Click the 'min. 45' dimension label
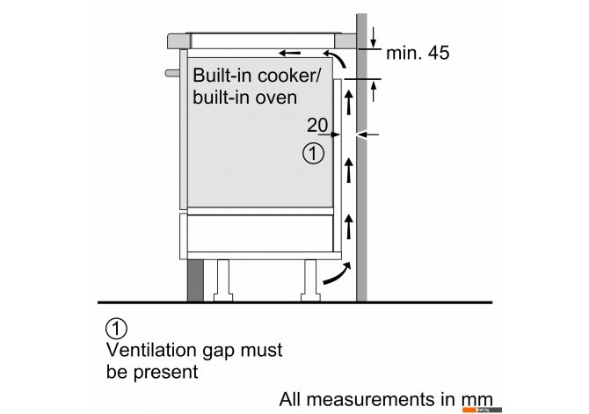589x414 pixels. point(418,53)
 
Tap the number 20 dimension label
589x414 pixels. point(317,125)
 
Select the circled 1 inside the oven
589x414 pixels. point(313,153)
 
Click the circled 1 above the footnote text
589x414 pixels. point(116,329)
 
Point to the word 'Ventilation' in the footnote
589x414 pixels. point(152,350)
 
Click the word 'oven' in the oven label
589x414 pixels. point(276,98)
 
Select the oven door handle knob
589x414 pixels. point(172,73)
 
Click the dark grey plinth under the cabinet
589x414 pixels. point(195,280)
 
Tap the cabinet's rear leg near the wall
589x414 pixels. point(310,280)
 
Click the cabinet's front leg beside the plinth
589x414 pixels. point(223,280)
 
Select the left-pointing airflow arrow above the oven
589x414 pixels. point(289,53)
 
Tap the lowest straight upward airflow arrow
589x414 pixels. point(349,227)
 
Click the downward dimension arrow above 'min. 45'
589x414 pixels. point(373,38)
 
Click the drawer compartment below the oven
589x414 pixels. point(260,233)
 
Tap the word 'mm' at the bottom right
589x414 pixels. point(476,400)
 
